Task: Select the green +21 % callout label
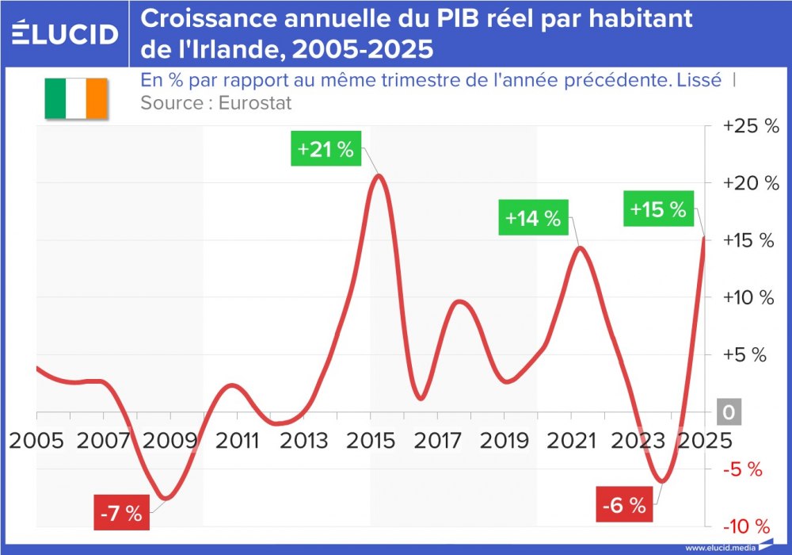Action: [326, 150]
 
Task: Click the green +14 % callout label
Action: [533, 218]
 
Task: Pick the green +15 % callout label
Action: [657, 209]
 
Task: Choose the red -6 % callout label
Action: [624, 505]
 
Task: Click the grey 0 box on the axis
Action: [729, 413]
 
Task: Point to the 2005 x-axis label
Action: [36, 441]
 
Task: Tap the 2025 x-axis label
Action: [702, 441]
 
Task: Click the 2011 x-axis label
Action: [236, 441]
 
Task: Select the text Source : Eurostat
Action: [216, 103]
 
